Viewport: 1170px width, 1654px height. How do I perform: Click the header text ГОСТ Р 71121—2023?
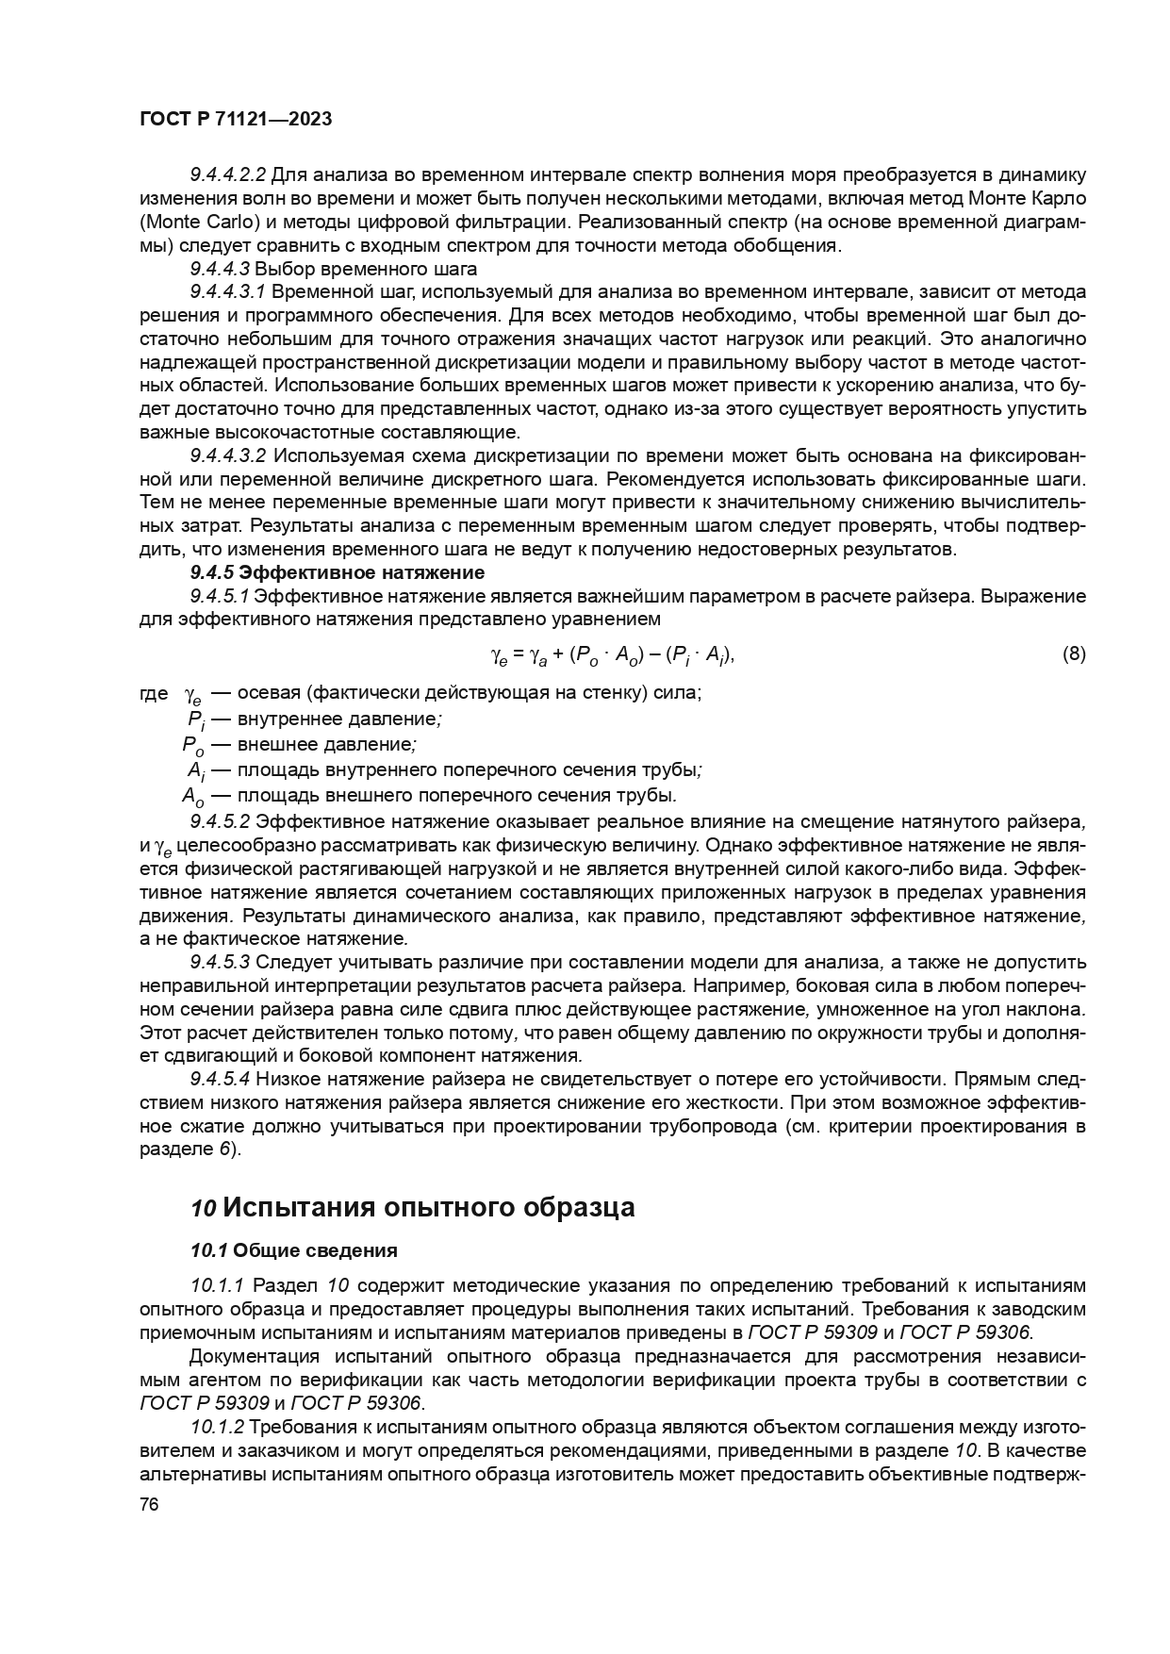point(236,120)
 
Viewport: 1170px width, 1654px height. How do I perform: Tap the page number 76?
point(148,1505)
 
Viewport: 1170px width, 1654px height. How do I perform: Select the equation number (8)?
point(1074,653)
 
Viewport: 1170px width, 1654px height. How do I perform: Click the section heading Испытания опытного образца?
point(429,1208)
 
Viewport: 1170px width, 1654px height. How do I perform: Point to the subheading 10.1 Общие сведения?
point(293,1250)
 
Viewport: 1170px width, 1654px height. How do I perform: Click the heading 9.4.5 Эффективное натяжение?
point(338,572)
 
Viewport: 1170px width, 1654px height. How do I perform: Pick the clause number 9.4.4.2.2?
point(228,175)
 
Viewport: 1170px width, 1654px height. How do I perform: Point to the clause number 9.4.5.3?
point(220,963)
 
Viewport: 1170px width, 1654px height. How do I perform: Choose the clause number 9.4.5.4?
point(220,1079)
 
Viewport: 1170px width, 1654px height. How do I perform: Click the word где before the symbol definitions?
point(154,694)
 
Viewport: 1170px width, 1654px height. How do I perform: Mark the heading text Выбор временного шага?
point(367,269)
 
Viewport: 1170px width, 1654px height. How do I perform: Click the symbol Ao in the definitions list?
point(192,794)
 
